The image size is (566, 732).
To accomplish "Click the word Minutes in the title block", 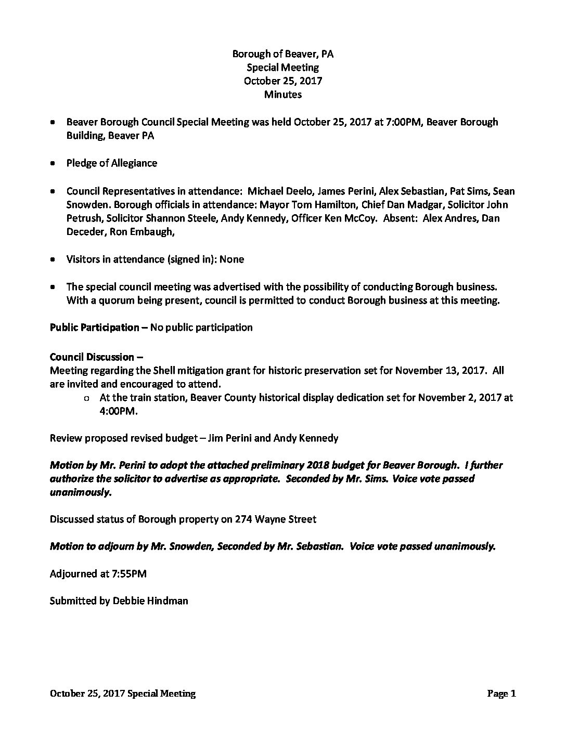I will (x=282, y=95).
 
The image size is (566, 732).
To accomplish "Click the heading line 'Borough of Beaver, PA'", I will (x=282, y=54).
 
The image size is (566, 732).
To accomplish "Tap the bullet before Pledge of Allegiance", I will (x=53, y=163).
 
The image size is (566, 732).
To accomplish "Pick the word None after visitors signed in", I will (x=231, y=259).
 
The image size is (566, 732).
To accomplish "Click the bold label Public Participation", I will (x=94, y=328).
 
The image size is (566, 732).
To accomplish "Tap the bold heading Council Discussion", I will (x=92, y=357).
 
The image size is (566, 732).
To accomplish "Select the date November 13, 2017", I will (x=441, y=371).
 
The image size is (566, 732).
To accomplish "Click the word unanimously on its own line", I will (x=81, y=492).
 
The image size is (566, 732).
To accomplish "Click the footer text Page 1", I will (x=501, y=694).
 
